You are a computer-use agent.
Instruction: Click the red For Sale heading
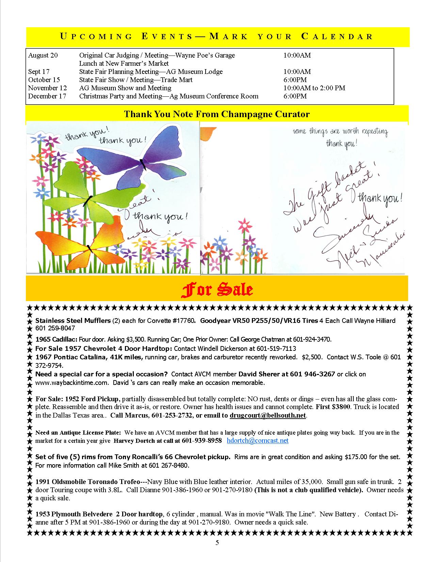216,290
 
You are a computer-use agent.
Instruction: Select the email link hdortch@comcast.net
258,440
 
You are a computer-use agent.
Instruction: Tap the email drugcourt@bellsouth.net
268,415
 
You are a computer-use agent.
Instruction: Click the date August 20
43,55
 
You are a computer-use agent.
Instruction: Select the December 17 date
47,96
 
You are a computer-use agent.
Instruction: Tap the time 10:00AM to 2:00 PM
314,88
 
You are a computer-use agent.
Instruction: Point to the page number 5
217,543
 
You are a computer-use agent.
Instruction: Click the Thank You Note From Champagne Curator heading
217,114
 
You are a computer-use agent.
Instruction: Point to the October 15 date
44,80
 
